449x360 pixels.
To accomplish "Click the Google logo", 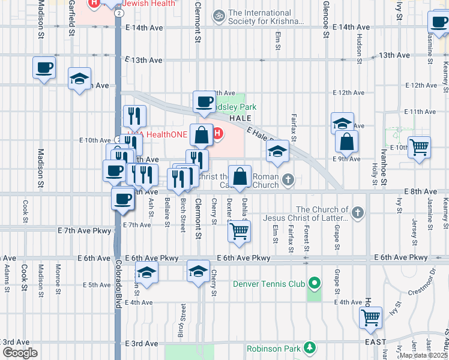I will click(x=19, y=353).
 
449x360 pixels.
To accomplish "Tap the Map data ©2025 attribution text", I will click(x=424, y=355).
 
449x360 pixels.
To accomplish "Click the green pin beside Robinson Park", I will click(x=309, y=347).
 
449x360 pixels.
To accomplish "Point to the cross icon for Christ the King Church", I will click(x=288, y=179).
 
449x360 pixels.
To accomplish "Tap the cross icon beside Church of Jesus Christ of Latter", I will click(x=358, y=212).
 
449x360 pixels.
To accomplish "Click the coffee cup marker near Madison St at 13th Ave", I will click(x=44, y=67).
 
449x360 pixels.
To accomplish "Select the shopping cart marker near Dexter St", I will click(x=240, y=230).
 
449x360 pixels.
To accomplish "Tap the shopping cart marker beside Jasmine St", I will click(x=419, y=146).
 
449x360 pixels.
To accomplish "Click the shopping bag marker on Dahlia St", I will click(x=240, y=176).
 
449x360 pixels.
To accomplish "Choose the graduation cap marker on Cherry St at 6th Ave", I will click(x=198, y=271).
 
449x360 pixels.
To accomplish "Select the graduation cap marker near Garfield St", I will click(x=79, y=79).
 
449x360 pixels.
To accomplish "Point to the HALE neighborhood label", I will click(x=240, y=118).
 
